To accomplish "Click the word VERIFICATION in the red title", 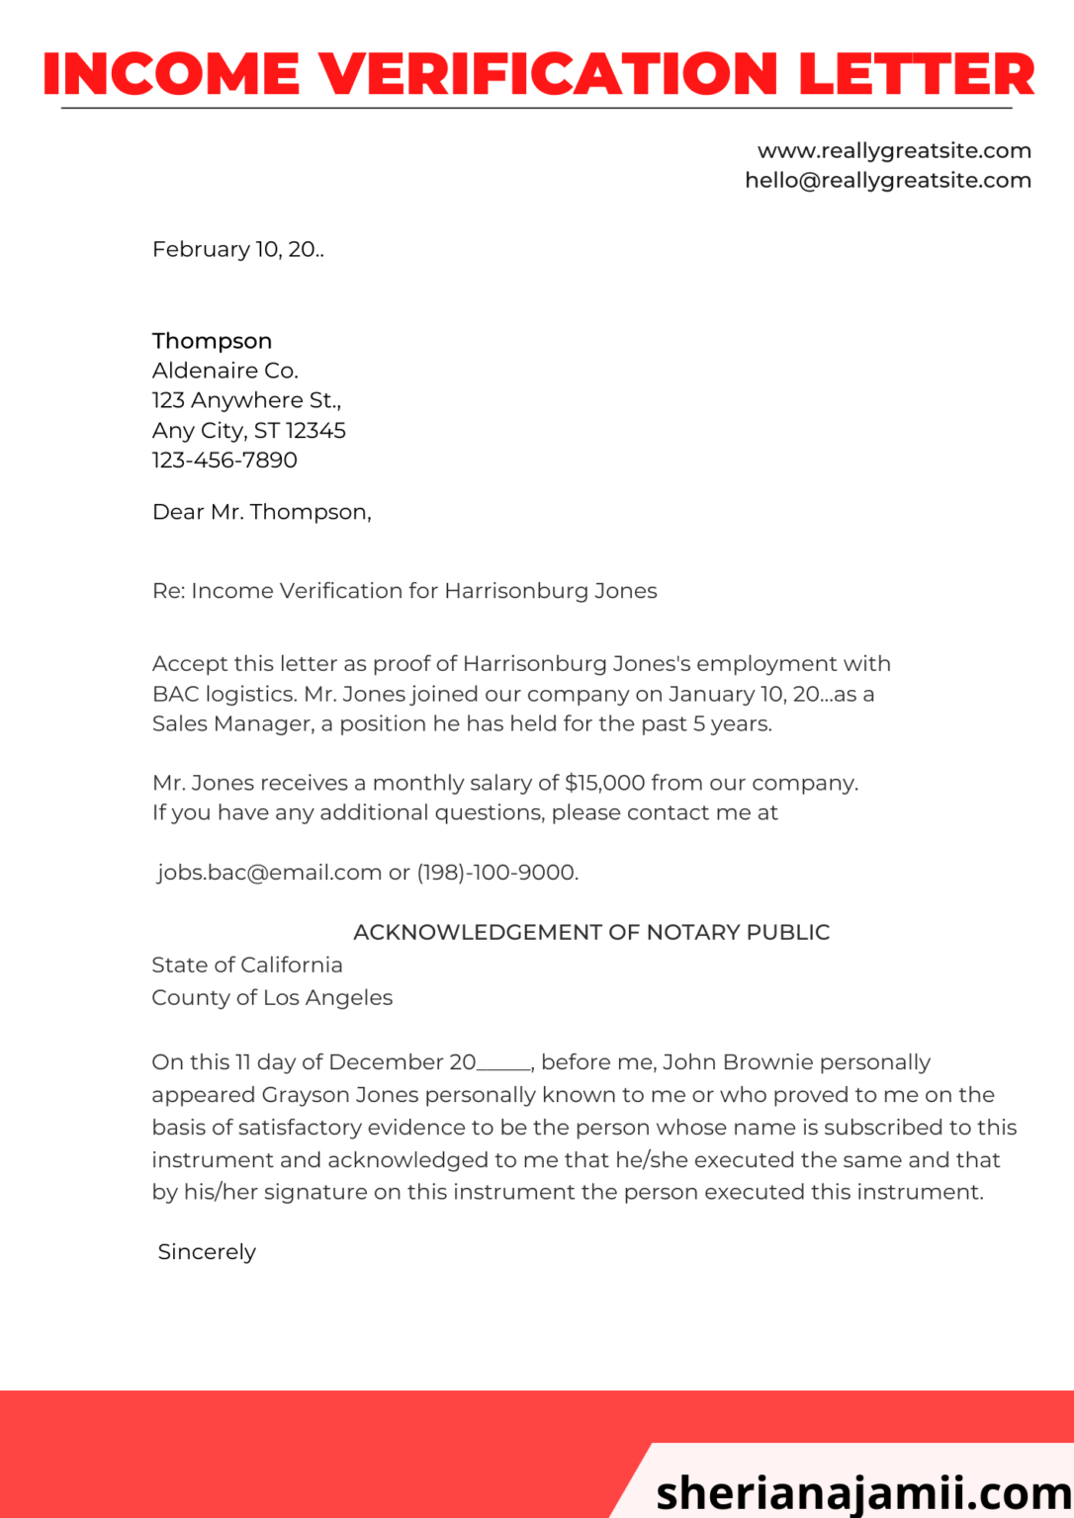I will [x=549, y=74].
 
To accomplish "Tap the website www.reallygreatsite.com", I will [x=894, y=150].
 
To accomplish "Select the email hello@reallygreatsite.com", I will [x=887, y=180].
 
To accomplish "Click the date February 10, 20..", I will [x=237, y=249].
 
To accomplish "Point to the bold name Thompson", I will [x=212, y=341].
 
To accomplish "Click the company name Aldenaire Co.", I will [x=224, y=371].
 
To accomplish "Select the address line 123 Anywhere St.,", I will [x=246, y=400].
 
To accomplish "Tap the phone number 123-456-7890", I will [x=224, y=460].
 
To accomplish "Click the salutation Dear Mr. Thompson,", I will [x=261, y=512].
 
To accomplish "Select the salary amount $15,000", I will [x=604, y=783].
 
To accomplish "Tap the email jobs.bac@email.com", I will [x=270, y=873].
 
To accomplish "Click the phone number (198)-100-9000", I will [x=496, y=873].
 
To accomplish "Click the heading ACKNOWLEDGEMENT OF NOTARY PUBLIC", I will [x=591, y=932].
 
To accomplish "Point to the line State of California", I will [x=247, y=965].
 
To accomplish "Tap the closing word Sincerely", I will [x=207, y=1252].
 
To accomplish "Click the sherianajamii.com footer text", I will [x=862, y=1490].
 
